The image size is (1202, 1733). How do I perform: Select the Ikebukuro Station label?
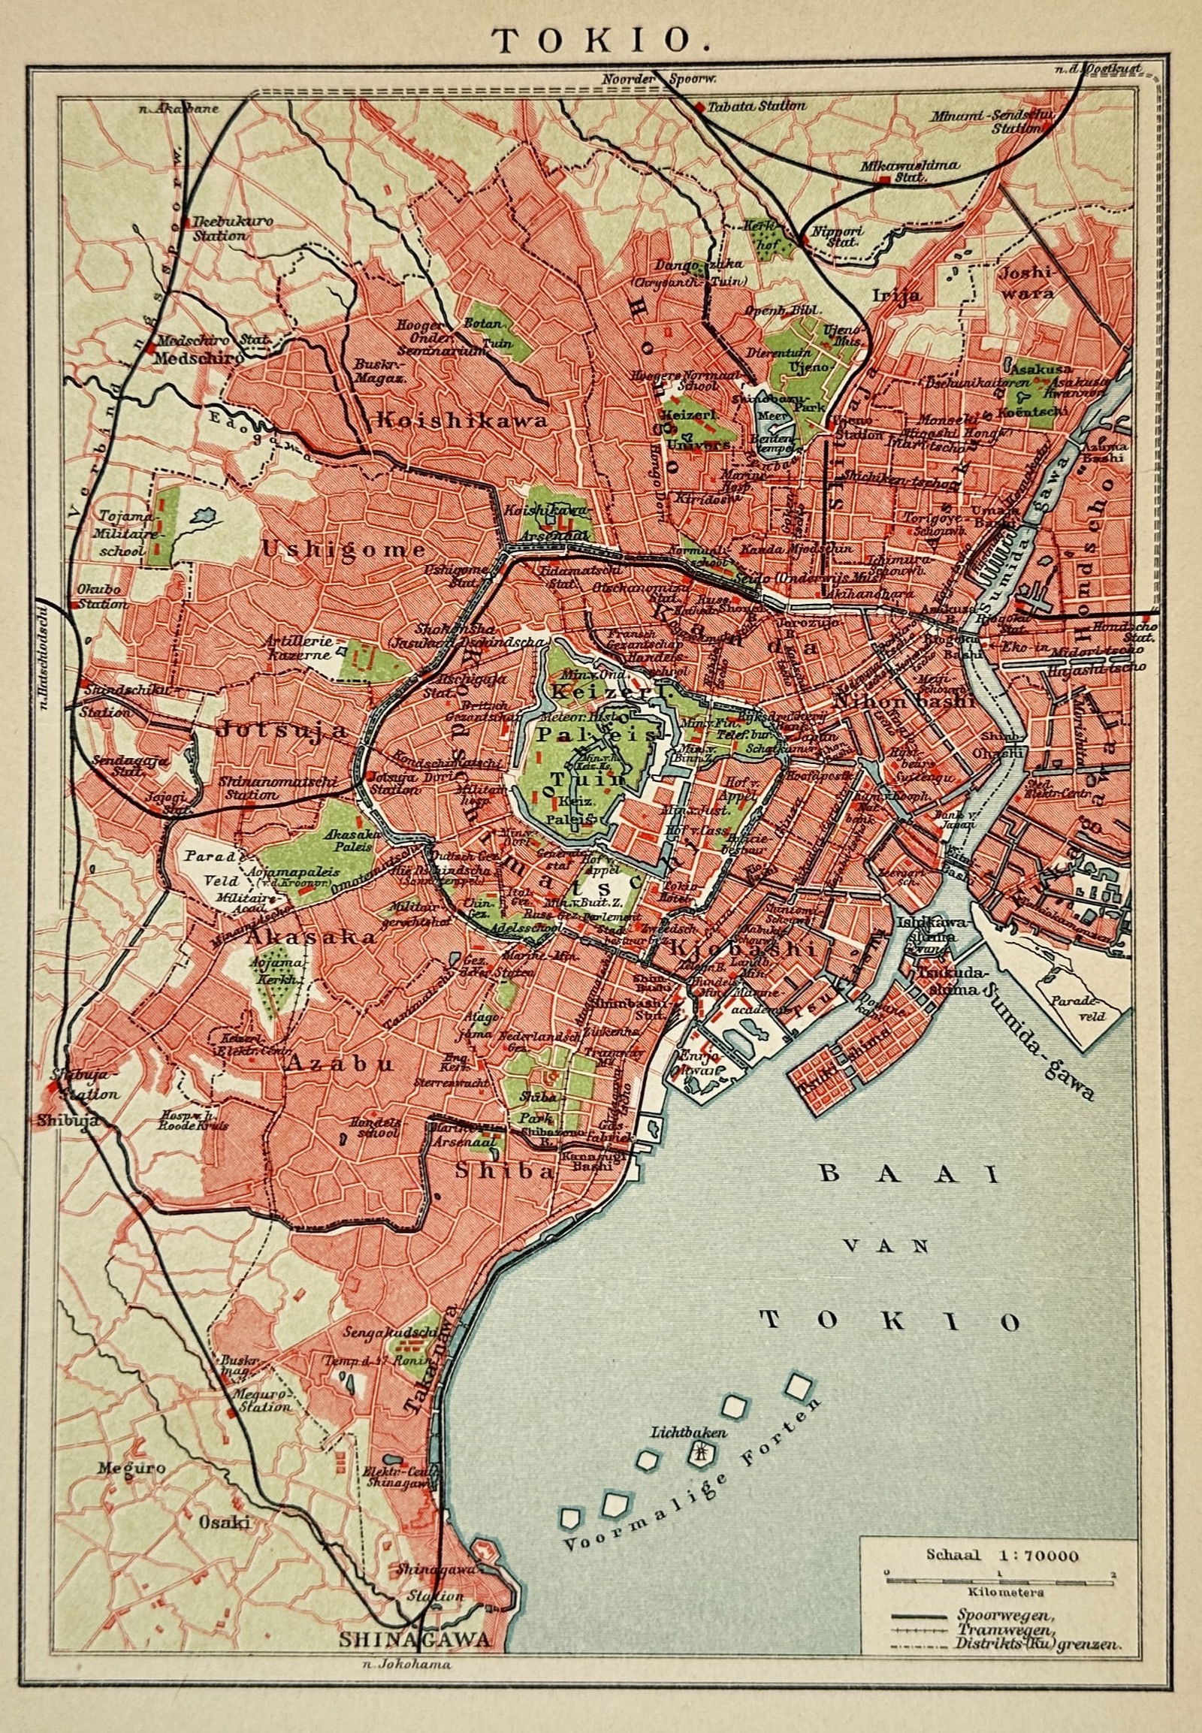pos(220,228)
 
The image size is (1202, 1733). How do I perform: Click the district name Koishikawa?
pos(462,420)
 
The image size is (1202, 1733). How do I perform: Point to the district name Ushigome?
pos(343,550)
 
